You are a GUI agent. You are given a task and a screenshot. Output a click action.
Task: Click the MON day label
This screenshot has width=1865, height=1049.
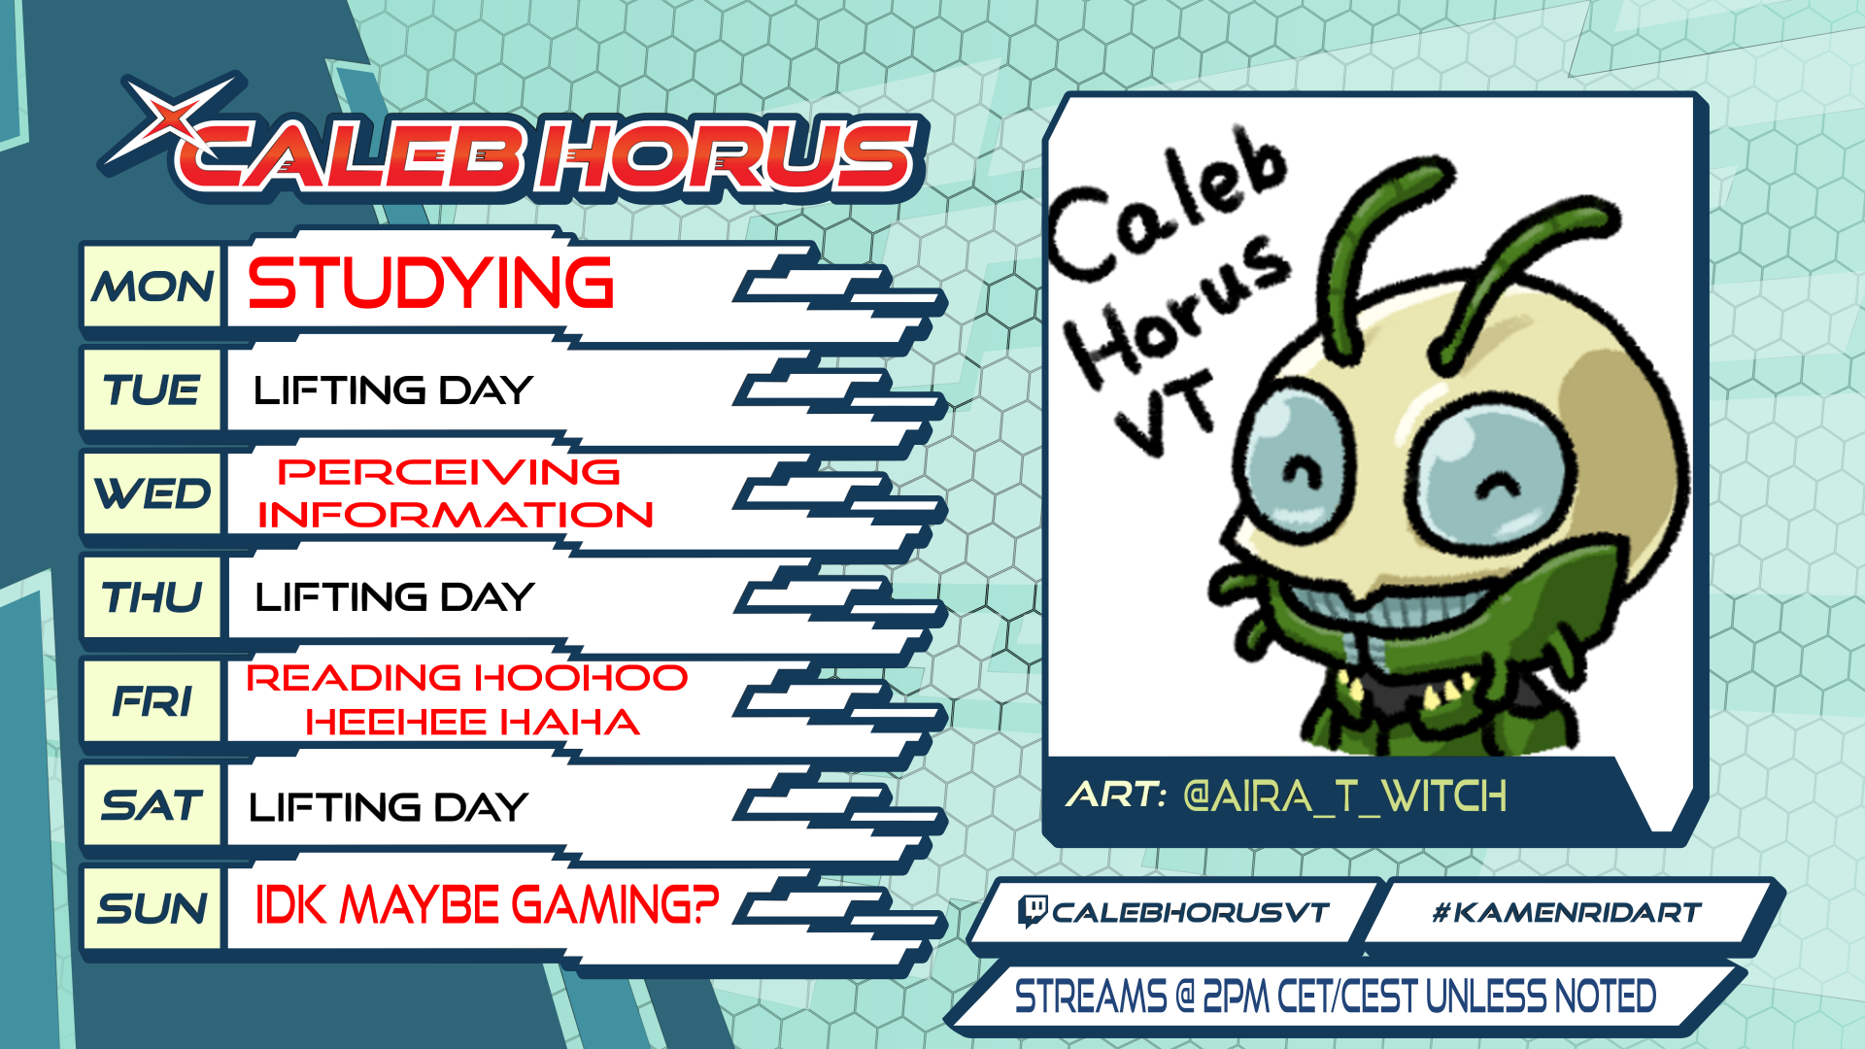pyautogui.click(x=153, y=288)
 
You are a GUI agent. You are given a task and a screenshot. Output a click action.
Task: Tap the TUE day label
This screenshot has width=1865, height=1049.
pyautogui.click(x=152, y=390)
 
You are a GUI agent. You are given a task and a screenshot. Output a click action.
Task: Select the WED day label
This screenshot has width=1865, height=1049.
pyautogui.click(x=153, y=493)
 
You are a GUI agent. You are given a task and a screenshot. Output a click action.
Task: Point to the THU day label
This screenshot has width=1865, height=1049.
pyautogui.click(x=152, y=597)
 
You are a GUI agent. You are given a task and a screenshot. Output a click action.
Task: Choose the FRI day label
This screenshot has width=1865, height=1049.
pyautogui.click(x=153, y=701)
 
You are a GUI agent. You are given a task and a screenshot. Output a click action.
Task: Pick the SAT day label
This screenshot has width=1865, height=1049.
pyautogui.click(x=153, y=805)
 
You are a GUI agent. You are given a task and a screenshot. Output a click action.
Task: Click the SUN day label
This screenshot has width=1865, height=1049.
pyautogui.click(x=153, y=909)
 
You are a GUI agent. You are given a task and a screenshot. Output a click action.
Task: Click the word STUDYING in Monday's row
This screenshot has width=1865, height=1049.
pyautogui.click(x=431, y=283)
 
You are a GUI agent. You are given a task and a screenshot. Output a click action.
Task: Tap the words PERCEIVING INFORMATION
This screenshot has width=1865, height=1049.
pyautogui.click(x=455, y=493)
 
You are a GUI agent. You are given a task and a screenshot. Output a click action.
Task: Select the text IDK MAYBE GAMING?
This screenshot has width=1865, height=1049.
pyautogui.click(x=487, y=905)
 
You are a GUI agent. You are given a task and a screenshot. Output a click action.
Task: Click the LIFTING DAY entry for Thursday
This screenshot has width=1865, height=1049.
pyautogui.click(x=394, y=596)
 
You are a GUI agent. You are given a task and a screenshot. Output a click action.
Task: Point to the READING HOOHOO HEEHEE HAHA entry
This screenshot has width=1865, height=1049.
pyautogui.click(x=467, y=699)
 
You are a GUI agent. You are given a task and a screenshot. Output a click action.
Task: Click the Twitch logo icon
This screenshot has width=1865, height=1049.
pyautogui.click(x=1032, y=911)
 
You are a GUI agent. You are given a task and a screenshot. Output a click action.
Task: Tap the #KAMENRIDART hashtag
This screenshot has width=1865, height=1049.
pyautogui.click(x=1567, y=912)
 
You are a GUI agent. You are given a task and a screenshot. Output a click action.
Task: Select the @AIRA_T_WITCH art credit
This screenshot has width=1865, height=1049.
pyautogui.click(x=1345, y=796)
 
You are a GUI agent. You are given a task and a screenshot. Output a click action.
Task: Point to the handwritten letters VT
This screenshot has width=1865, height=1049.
pyautogui.click(x=1165, y=413)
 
